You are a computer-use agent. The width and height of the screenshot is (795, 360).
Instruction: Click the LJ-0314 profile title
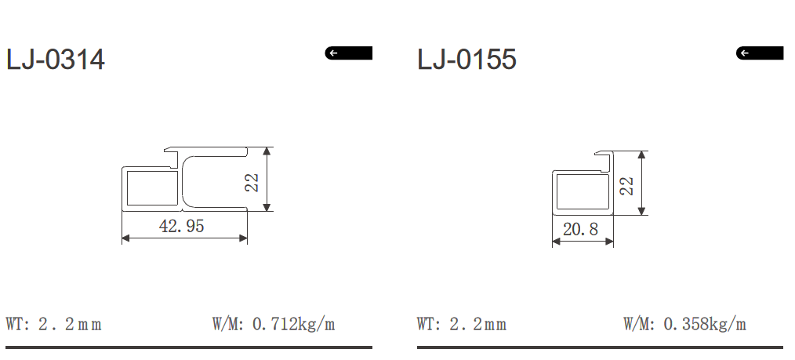tap(55, 60)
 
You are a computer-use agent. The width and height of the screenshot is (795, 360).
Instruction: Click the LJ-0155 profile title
tap(466, 60)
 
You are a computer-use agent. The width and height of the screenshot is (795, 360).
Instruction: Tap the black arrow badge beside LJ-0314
tap(348, 53)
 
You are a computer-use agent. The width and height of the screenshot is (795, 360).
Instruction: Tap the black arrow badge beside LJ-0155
tap(759, 53)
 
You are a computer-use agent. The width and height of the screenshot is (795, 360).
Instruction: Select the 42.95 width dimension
tap(181, 227)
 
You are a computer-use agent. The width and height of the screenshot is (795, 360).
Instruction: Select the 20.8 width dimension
tap(580, 230)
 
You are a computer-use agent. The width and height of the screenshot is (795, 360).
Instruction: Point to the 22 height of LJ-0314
tap(252, 182)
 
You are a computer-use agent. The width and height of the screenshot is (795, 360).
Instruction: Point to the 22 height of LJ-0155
tap(626, 186)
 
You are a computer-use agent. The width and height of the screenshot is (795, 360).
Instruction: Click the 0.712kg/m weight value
tap(293, 324)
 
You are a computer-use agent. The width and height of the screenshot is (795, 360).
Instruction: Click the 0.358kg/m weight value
tap(704, 324)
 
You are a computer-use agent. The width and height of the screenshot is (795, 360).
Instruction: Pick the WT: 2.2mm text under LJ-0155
tap(462, 324)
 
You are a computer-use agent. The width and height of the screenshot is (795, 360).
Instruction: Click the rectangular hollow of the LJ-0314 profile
tap(151, 188)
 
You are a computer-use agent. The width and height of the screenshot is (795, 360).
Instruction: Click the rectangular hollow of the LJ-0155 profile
tap(583, 192)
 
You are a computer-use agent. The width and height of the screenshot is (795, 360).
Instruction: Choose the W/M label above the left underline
tap(228, 324)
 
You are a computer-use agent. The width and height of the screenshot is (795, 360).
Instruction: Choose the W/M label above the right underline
tap(639, 324)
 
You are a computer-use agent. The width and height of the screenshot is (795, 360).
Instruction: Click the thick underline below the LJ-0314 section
tap(189, 347)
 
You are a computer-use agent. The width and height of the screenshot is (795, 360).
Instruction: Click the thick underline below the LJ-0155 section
tap(600, 347)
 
